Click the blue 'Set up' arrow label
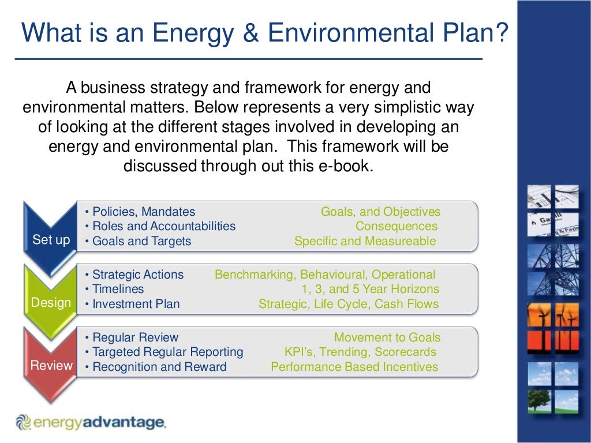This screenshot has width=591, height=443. click(51, 240)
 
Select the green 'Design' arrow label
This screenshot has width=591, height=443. click(51, 303)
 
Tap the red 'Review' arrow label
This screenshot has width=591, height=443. click(51, 366)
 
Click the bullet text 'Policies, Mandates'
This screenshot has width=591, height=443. click(144, 212)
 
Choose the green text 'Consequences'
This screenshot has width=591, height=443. click(396, 226)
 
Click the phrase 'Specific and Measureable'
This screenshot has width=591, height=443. click(365, 241)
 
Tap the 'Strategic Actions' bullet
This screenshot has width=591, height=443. click(138, 275)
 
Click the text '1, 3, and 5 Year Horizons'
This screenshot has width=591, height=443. click(370, 289)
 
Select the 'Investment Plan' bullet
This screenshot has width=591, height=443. click(136, 304)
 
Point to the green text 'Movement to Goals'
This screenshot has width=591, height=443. click(387, 337)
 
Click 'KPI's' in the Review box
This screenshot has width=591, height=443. click(298, 352)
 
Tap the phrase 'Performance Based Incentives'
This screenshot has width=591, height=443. click(354, 367)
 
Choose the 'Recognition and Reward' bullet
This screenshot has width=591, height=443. click(159, 367)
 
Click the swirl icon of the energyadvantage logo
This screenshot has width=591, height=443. click(23, 423)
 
